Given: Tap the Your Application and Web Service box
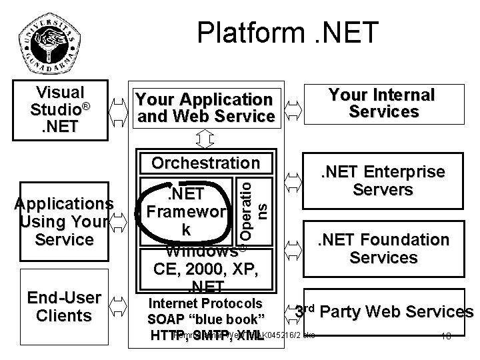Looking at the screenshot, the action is point(204,108).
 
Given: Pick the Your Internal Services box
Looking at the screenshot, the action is point(382,103).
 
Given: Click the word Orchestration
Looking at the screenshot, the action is point(205,163).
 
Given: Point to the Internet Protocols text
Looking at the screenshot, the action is point(205,302).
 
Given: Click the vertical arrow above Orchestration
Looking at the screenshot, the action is point(205,139).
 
